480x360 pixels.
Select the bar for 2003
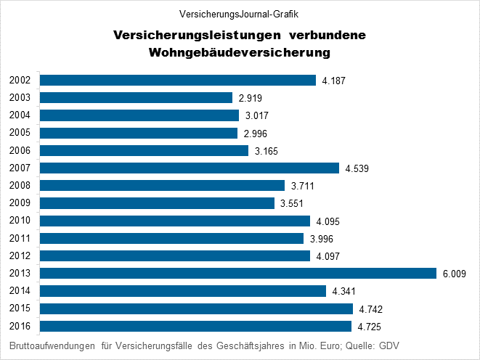pyautogui.click(x=137, y=97)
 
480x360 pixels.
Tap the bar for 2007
pyautogui.click(x=190, y=168)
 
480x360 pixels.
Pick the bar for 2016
pyautogui.click(x=196, y=326)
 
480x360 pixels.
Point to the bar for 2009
pyautogui.click(x=158, y=203)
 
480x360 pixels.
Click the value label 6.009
pyautogui.click(x=454, y=274)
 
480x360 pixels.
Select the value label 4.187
pyautogui.click(x=334, y=81)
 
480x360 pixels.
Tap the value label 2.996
pyautogui.click(x=256, y=134)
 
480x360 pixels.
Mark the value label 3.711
pyautogui.click(x=302, y=186)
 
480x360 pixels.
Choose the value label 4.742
pyautogui.click(x=371, y=309)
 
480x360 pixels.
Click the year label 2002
pyautogui.click(x=20, y=80)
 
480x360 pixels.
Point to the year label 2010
pyautogui.click(x=20, y=221)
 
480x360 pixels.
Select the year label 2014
pyautogui.click(x=20, y=291)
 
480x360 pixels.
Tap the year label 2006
pyautogui.click(x=20, y=150)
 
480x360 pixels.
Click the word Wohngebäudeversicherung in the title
pyautogui.click(x=240, y=53)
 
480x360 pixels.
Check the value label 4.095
pyautogui.click(x=328, y=221)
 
